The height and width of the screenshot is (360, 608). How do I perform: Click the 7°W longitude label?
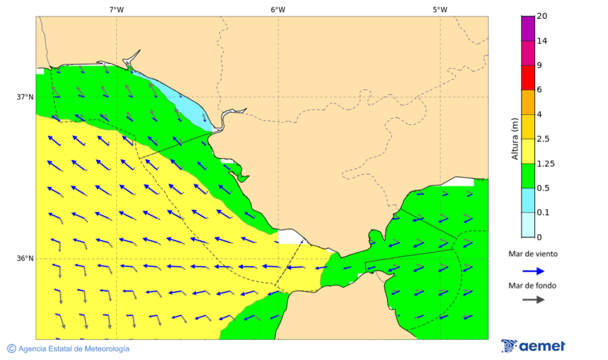[116, 9]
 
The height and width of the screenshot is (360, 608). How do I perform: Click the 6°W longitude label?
[278, 9]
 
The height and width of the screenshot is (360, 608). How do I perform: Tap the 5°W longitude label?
[440, 9]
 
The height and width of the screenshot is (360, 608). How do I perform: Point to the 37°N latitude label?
[25, 97]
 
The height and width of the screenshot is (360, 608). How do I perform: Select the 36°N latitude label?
[25, 258]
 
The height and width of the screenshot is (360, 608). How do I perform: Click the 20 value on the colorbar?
[542, 16]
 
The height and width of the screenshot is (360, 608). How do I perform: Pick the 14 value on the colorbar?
[542, 41]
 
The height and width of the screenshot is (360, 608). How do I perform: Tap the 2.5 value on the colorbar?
[543, 139]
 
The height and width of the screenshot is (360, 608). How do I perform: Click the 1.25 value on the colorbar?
[545, 163]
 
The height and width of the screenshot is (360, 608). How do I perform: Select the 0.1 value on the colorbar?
[543, 213]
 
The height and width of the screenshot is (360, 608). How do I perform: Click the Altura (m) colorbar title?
[515, 138]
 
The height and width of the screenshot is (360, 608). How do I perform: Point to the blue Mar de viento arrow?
[533, 271]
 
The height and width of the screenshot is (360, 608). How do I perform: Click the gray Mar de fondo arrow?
[533, 299]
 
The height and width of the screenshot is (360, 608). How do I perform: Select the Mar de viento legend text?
[533, 254]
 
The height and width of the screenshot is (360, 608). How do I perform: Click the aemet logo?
[533, 346]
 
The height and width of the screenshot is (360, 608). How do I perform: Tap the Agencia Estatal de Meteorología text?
[74, 349]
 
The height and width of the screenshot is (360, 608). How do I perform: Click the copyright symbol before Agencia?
[11, 349]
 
